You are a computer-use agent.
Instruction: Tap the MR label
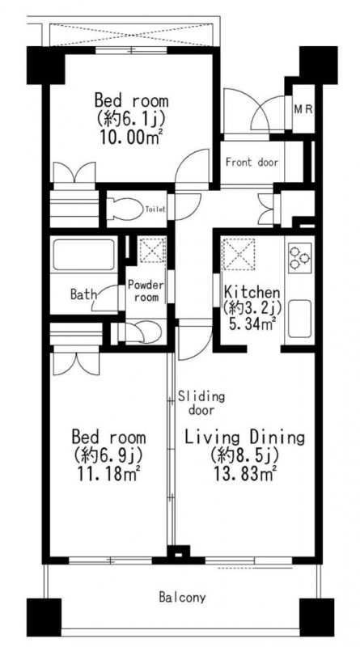(x=304, y=110)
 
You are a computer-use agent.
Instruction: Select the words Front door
(x=252, y=163)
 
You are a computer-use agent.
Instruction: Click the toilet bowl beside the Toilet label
(x=124, y=209)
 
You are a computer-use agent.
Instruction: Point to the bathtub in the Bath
(x=83, y=255)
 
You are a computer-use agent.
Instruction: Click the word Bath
(x=84, y=294)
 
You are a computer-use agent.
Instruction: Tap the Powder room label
(x=146, y=290)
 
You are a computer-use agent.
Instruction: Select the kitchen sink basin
(x=299, y=319)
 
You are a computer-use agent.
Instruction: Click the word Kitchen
(x=252, y=293)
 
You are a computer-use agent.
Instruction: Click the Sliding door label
(x=201, y=404)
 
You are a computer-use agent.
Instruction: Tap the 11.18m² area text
(x=109, y=474)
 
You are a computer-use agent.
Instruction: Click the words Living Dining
(x=244, y=438)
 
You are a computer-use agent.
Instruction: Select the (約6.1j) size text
(x=131, y=118)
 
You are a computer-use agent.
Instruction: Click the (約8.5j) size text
(x=244, y=455)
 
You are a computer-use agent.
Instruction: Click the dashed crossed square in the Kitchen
(x=239, y=255)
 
